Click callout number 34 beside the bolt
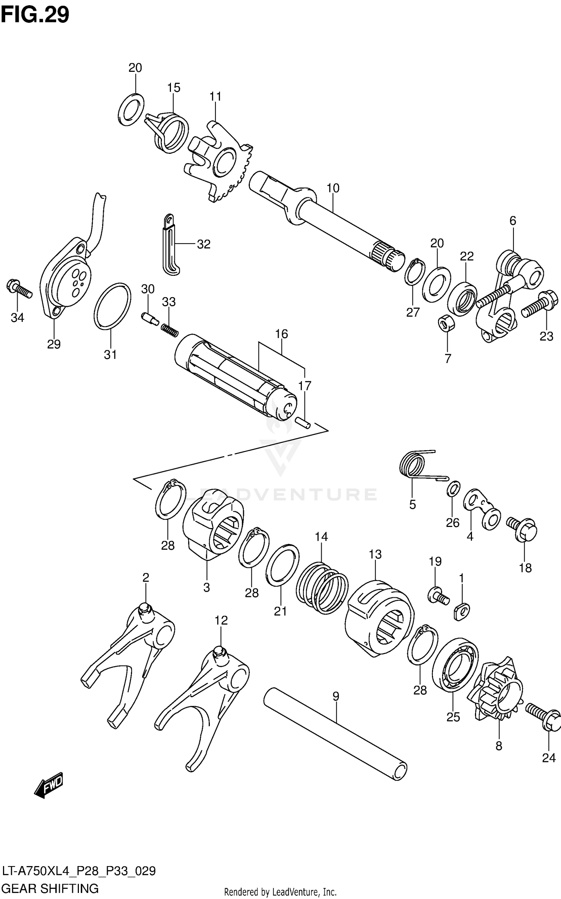click(17, 318)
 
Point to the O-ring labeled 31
click(112, 307)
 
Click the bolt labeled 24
click(543, 716)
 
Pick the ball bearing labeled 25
click(455, 666)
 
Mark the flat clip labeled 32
click(170, 245)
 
